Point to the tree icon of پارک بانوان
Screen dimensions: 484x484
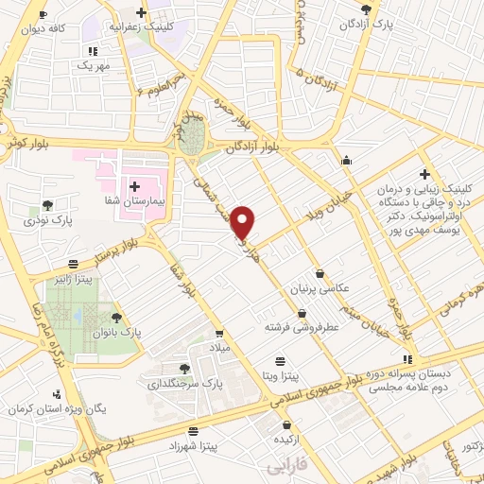tap(116, 318)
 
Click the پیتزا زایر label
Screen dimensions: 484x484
tap(73, 280)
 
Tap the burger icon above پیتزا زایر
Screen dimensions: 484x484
tap(73, 264)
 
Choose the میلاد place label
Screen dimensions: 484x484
tap(219, 350)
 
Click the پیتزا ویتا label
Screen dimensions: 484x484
tap(280, 376)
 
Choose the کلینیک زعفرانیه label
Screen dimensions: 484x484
tap(141, 28)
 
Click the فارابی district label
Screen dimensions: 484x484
tap(287, 469)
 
